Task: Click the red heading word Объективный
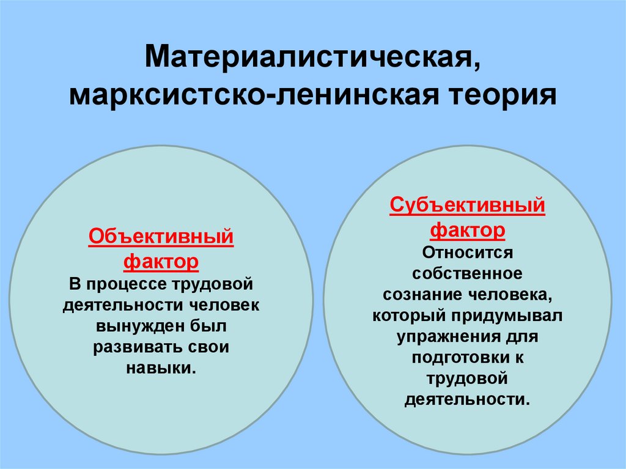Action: [161, 236]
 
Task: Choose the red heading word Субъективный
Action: [467, 205]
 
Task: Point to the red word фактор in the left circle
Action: [161, 262]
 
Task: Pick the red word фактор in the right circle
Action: [468, 231]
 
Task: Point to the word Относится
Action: [468, 252]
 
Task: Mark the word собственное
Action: [467, 273]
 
